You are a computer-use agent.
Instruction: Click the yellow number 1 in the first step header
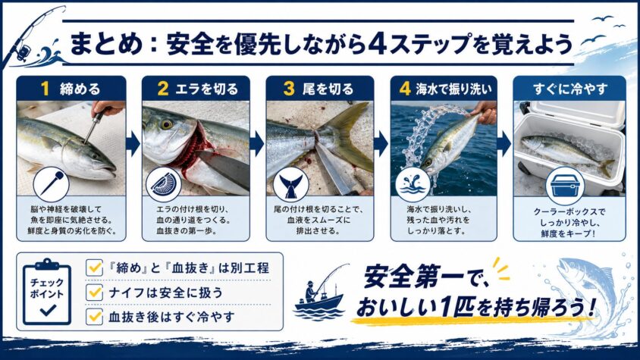coord(45,89)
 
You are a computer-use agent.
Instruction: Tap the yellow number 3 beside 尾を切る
coord(289,89)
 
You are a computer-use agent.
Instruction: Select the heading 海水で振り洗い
coord(454,89)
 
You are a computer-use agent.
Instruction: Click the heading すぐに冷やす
coord(569,89)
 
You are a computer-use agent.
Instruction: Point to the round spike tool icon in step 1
coord(51,185)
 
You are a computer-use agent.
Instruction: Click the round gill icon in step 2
coord(164,184)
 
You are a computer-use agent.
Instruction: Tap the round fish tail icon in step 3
coord(290,184)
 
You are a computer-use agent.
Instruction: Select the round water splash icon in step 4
coord(413,185)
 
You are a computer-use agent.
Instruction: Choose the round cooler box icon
coord(565,186)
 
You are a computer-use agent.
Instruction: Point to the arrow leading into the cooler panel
coord(504,143)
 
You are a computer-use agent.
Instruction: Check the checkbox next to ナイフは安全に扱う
coord(94,293)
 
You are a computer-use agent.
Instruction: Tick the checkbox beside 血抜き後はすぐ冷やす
coord(94,316)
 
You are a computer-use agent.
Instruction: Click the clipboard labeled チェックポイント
coord(47,292)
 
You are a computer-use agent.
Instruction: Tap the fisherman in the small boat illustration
coord(311,291)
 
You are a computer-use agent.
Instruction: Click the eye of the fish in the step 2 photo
coord(166,124)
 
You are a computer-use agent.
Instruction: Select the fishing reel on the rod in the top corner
coord(24,51)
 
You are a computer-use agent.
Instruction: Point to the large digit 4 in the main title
coord(377,44)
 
